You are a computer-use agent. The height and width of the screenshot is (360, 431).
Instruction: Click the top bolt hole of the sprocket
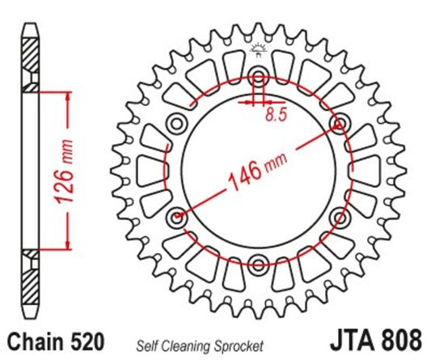tap(259, 78)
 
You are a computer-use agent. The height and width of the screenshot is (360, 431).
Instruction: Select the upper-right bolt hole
tap(339, 124)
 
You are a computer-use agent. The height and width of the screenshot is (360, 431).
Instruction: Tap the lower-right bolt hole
tap(339, 217)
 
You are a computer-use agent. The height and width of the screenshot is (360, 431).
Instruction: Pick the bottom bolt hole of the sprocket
tap(259, 263)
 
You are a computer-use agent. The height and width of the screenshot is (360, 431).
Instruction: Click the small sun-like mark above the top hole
tap(259, 51)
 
